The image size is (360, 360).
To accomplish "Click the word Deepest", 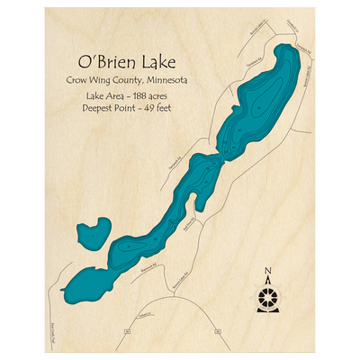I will [x=101, y=108].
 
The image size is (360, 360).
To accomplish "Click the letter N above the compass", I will [x=267, y=271].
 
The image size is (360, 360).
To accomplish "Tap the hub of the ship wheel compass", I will [x=267, y=296].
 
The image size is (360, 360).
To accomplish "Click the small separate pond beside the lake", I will [x=90, y=236].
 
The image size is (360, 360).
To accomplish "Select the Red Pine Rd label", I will [x=189, y=224].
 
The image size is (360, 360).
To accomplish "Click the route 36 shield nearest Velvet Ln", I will [x=128, y=331].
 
